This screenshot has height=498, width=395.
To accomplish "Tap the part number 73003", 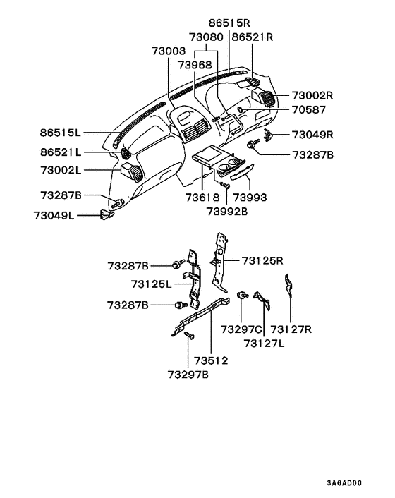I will (169, 51).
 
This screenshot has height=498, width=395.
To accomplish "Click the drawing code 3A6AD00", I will (344, 484).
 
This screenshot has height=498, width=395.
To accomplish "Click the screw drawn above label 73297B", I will (188, 338).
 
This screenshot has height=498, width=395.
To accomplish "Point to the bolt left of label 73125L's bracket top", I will (174, 265).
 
